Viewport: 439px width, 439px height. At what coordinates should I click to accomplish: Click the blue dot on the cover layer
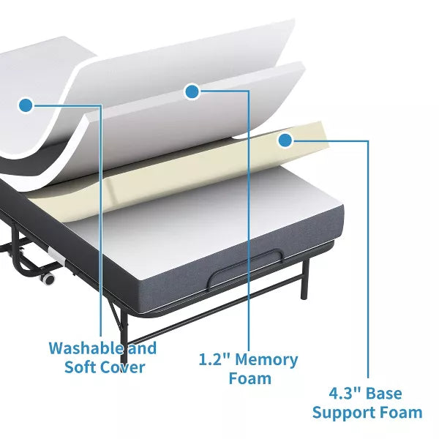click(x=26, y=105)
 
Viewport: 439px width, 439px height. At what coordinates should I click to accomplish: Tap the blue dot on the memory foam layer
click(x=192, y=91)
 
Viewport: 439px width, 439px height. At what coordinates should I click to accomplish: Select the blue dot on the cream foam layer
click(x=285, y=138)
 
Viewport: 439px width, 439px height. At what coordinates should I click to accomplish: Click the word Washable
click(x=78, y=348)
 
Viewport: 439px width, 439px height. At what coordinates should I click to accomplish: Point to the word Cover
click(x=119, y=367)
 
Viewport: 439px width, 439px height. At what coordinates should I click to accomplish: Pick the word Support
click(x=342, y=413)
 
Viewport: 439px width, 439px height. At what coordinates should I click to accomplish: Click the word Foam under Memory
click(x=249, y=378)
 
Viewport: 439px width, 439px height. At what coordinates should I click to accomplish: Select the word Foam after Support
click(x=399, y=413)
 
